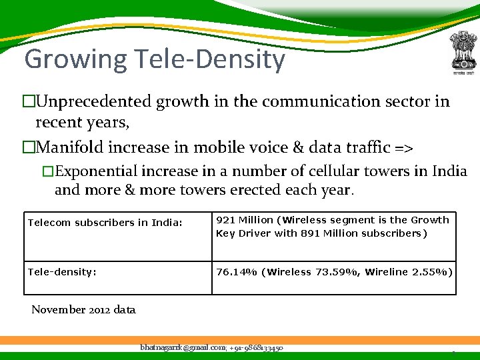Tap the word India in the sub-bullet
[x=449, y=171]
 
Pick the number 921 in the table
[x=226, y=220]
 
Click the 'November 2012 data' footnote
[x=83, y=309]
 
